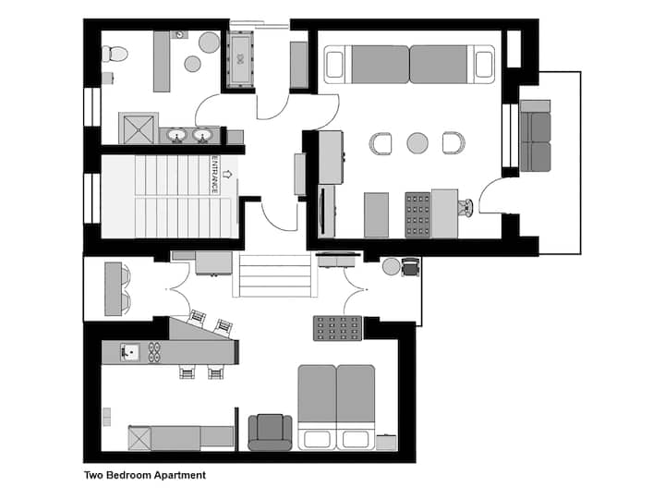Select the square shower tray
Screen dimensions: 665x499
(139, 128)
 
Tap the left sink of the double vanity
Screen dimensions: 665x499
(176, 135)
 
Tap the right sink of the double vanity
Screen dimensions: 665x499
(202, 135)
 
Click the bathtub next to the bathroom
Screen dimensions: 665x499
(240, 59)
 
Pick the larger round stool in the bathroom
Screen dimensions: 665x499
(209, 43)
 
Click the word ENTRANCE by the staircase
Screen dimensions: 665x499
(215, 175)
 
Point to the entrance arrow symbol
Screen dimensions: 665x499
(227, 174)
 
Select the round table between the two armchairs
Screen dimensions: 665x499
(417, 143)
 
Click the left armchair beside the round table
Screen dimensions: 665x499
(381, 143)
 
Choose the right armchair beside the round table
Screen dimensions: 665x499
(453, 143)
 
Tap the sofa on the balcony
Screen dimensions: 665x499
(535, 136)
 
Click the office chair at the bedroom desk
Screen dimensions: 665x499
(465, 208)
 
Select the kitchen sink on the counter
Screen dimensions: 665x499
(130, 352)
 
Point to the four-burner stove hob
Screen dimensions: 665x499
(154, 352)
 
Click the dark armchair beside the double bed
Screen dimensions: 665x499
(270, 432)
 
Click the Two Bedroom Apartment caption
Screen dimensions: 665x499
(145, 475)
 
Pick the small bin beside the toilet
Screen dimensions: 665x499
(108, 78)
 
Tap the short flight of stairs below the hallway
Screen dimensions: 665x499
(275, 275)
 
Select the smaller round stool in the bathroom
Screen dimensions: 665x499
(192, 64)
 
